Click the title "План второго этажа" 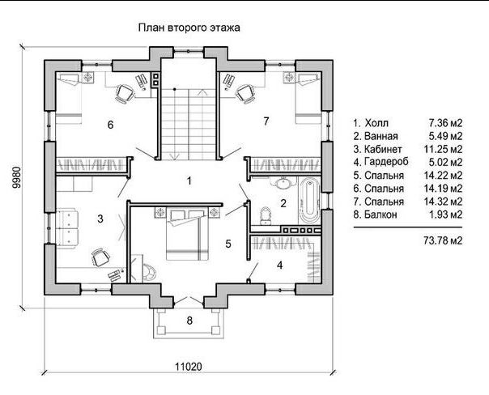point(189,28)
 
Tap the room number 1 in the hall point(189,181)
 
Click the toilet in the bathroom point(266,216)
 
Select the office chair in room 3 point(100,257)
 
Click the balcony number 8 point(189,321)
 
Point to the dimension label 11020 point(188,367)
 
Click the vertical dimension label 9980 point(16,178)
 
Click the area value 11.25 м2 point(443,149)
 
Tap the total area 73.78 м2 point(443,240)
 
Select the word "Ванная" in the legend point(381,136)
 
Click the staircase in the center point(188,124)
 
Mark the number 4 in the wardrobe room point(280,265)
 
